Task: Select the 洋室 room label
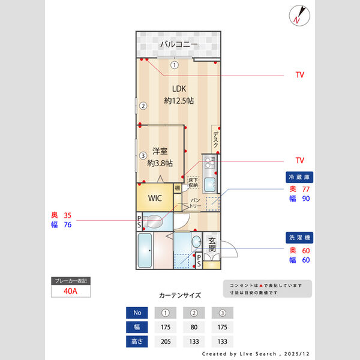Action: [x=159, y=151]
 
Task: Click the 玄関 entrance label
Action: [x=212, y=245]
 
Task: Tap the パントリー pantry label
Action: [x=195, y=203]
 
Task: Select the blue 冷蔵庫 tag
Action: [x=299, y=178]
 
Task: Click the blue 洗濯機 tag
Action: [x=299, y=238]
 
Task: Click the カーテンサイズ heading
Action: [x=179, y=295]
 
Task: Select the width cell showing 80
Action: [x=194, y=328]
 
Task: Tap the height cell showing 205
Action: [x=166, y=342]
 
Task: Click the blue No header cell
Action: [x=137, y=313]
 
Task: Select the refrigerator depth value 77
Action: [x=306, y=189]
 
